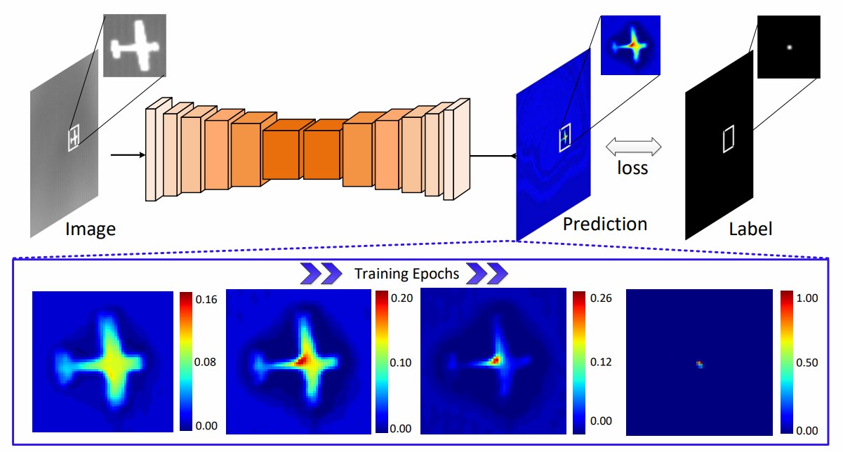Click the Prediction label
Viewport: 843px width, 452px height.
604,224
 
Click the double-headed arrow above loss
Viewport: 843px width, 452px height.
634,146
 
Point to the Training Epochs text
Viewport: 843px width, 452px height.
407,274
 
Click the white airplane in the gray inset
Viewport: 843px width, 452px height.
138,46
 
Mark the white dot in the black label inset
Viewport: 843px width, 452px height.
790,48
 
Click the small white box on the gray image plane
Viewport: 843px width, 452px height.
74,137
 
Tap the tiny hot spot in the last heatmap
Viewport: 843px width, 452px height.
699,364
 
